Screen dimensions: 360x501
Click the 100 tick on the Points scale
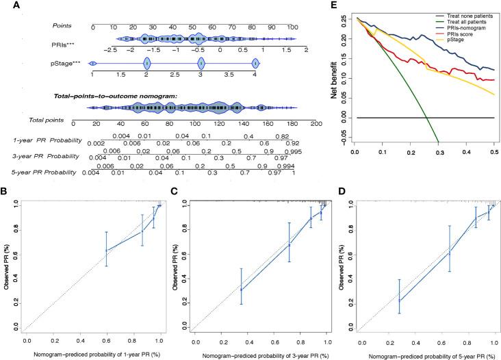(x=292, y=27)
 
